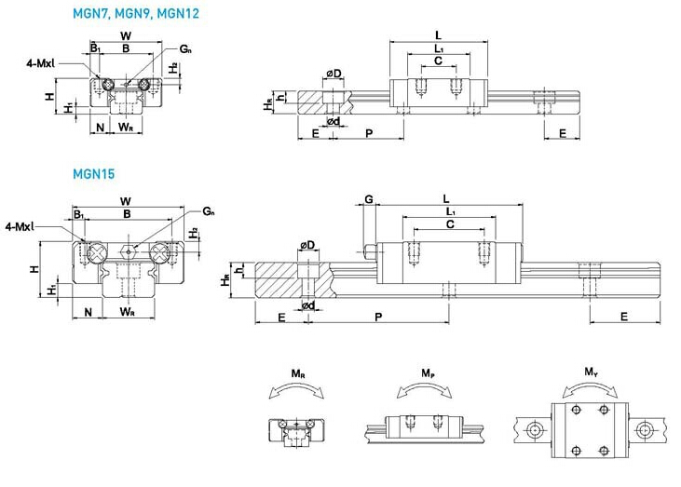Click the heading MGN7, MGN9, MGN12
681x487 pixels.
[135, 13]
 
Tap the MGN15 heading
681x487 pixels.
[93, 174]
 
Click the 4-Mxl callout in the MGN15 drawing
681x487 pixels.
[20, 226]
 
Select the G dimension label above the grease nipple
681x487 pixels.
[368, 199]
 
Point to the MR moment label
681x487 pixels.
[298, 373]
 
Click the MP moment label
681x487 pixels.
[428, 373]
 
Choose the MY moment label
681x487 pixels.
[591, 372]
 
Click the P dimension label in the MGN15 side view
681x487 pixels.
[378, 317]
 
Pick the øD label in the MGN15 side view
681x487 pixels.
[307, 245]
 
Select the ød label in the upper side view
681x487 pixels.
[334, 121]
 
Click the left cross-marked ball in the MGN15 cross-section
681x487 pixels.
[95, 252]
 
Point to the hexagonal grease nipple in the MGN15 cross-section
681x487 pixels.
[128, 250]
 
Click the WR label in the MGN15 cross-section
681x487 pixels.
[127, 311]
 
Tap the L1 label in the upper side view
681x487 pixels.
[439, 48]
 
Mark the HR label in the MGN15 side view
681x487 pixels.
[225, 280]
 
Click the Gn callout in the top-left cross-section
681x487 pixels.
[185, 48]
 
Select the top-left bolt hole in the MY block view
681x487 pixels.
[577, 410]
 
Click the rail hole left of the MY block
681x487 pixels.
[533, 430]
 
